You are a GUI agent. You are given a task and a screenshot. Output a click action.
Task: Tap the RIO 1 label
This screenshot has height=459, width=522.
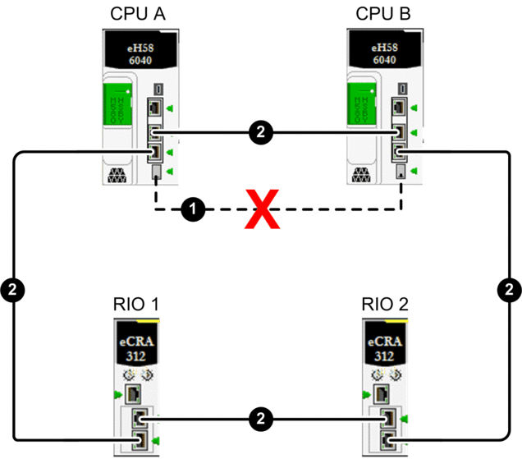(x=136, y=305)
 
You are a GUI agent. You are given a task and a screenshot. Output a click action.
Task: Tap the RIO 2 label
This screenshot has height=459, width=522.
(x=385, y=305)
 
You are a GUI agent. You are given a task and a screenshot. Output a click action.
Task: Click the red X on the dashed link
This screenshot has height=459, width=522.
(x=260, y=210)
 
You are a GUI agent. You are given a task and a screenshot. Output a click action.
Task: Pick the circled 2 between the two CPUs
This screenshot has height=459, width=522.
(x=260, y=131)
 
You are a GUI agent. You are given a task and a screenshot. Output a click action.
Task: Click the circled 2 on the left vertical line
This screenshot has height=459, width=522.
(x=14, y=289)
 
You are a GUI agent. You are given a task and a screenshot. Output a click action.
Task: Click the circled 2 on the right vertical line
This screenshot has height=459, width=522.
(x=510, y=289)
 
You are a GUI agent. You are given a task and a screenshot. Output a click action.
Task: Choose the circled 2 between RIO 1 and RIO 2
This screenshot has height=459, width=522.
(x=260, y=417)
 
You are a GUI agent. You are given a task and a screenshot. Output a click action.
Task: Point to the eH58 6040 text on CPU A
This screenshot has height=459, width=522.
(x=138, y=54)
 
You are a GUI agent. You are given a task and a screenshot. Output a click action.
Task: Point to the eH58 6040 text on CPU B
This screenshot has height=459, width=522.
(x=383, y=54)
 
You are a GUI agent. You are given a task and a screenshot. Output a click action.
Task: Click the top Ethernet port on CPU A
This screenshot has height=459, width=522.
(x=155, y=107)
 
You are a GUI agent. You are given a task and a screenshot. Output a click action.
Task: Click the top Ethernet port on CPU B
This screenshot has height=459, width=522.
(x=401, y=107)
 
